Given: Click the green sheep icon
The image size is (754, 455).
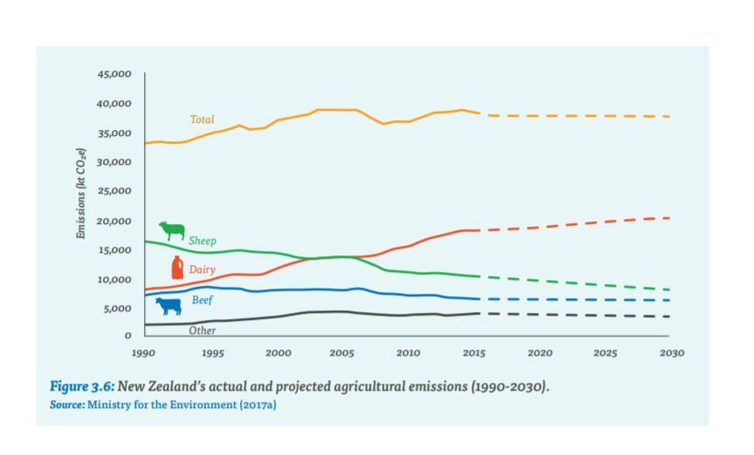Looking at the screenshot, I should [x=172, y=231].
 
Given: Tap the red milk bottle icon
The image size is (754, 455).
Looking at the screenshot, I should [x=177, y=268].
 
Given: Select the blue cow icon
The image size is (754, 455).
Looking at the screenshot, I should [x=168, y=306].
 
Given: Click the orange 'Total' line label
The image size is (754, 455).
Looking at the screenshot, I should [x=202, y=119].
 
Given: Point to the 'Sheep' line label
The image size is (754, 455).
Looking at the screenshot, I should [x=202, y=241].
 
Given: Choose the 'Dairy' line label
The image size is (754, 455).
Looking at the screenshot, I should [x=202, y=270].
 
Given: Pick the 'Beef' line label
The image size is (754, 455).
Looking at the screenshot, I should [x=202, y=301].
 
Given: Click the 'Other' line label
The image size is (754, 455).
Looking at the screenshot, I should [x=202, y=330].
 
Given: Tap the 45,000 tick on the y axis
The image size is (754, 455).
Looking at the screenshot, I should [x=114, y=75].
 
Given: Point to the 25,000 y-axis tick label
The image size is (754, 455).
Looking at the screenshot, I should [x=114, y=191].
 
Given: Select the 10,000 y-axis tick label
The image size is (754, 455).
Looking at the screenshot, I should [x=114, y=280].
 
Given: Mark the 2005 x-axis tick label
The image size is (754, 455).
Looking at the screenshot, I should [x=341, y=353].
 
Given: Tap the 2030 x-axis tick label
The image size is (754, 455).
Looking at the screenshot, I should [x=671, y=353].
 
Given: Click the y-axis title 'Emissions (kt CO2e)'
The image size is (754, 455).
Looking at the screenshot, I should [x=81, y=194].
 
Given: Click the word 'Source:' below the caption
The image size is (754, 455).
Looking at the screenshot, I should [x=67, y=405].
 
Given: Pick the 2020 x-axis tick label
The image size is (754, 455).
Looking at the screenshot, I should [x=539, y=353].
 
